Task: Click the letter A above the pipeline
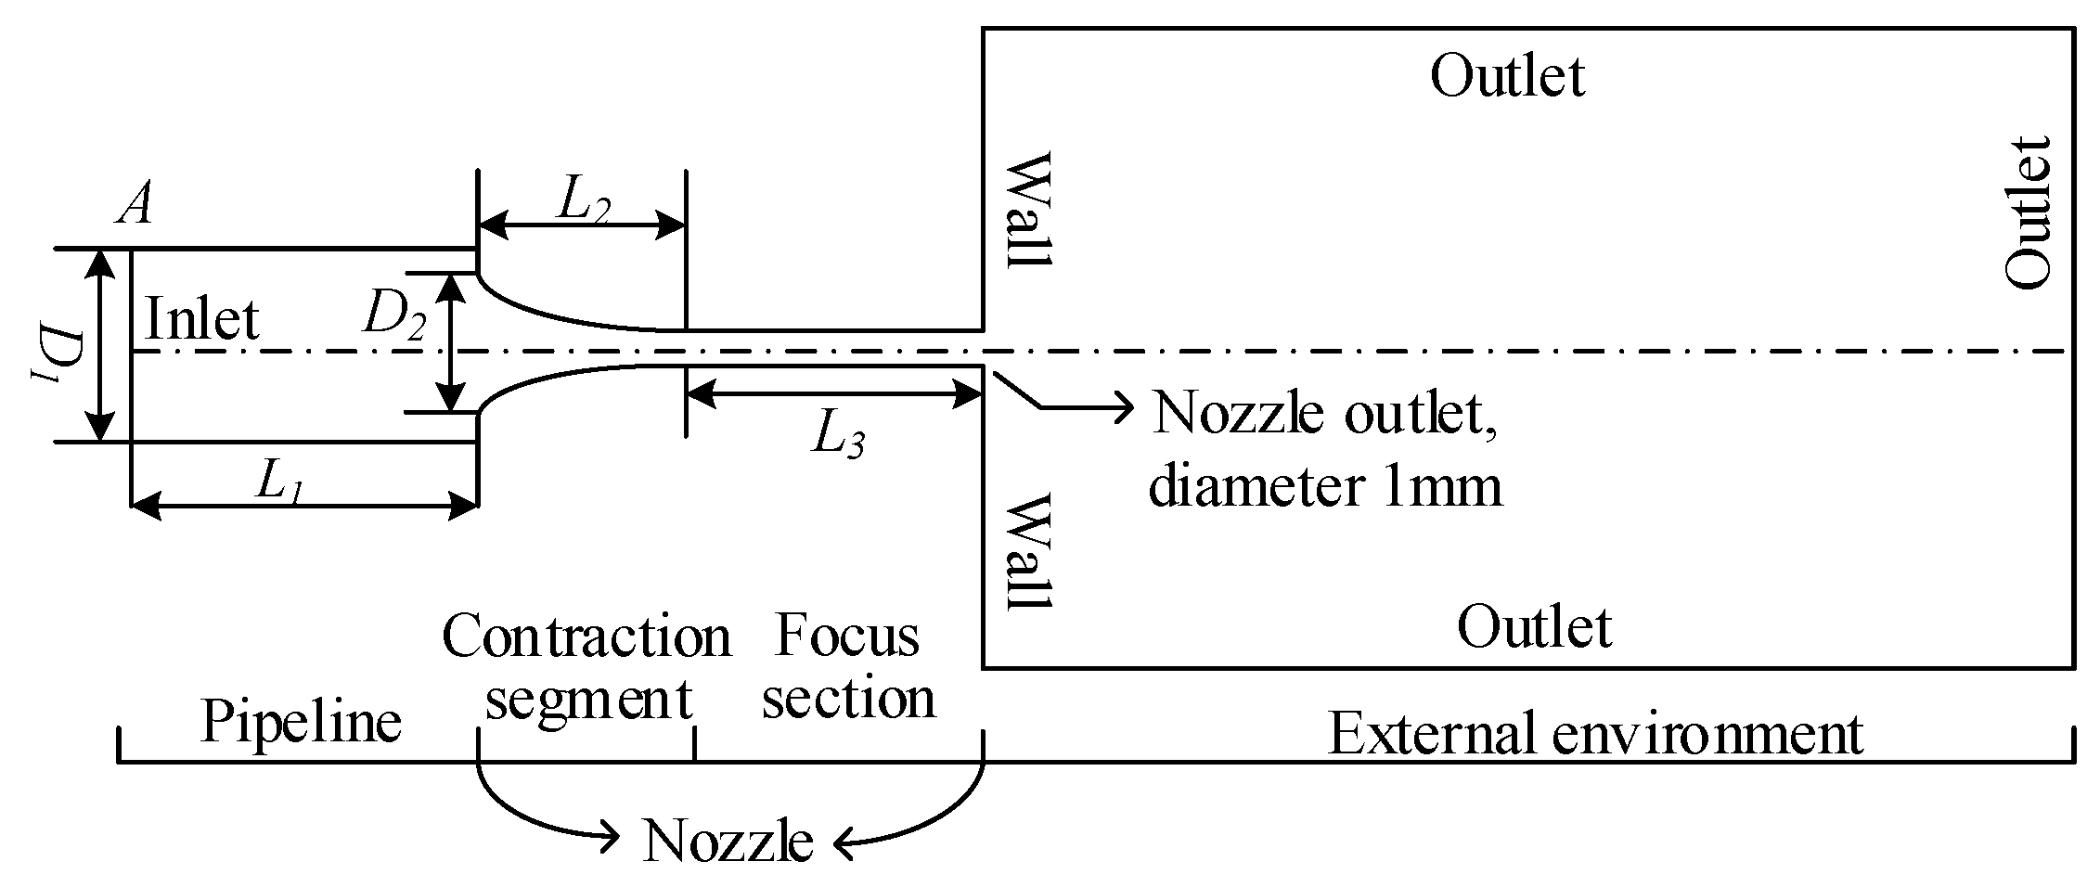pyautogui.click(x=135, y=204)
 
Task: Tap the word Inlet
pyautogui.click(x=202, y=320)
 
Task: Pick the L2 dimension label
pyautogui.click(x=582, y=202)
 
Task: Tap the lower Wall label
pyautogui.click(x=1029, y=554)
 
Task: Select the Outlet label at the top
pyautogui.click(x=1506, y=76)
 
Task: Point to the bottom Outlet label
pyautogui.click(x=1533, y=627)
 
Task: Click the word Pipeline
pyautogui.click(x=301, y=723)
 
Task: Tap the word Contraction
pyautogui.click(x=586, y=637)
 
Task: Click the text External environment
pyautogui.click(x=1595, y=734)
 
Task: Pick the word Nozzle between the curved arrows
pyautogui.click(x=728, y=841)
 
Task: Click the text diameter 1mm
pyautogui.click(x=1324, y=486)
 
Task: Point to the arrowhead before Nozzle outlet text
pyautogui.click(x=1125, y=406)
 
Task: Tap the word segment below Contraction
pyautogui.click(x=588, y=699)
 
